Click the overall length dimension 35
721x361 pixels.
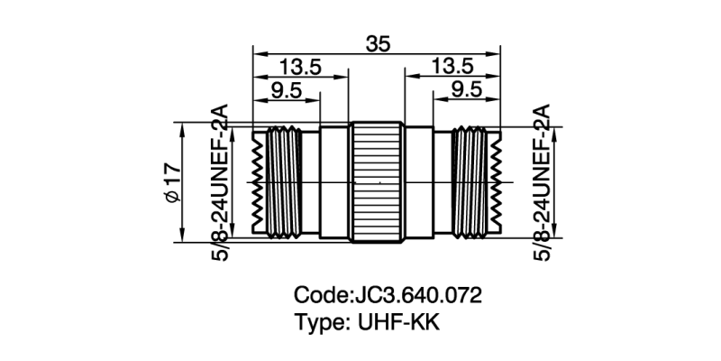point(378,43)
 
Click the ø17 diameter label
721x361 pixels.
point(172,183)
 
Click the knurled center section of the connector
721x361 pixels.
point(377,183)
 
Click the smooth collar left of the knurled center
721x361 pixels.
point(334,183)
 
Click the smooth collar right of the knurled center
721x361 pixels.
point(419,183)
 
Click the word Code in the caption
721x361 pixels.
point(320,295)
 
